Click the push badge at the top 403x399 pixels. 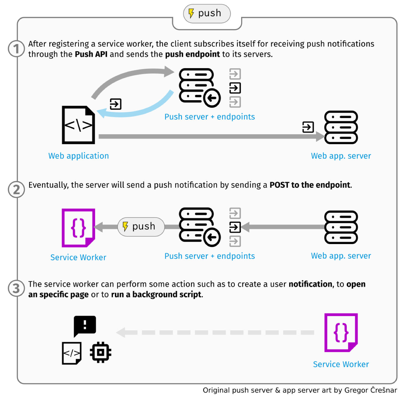point(207,13)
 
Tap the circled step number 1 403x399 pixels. point(16,49)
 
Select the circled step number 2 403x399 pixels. point(16,190)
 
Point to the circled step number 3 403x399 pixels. point(16,288)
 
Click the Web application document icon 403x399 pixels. point(78,125)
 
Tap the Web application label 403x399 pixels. point(78,156)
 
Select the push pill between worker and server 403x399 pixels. point(141,227)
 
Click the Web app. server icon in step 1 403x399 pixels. point(341,127)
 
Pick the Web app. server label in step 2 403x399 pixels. point(341,256)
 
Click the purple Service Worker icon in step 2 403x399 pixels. point(78,228)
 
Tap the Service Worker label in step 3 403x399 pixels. point(341,364)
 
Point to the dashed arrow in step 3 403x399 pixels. point(216,332)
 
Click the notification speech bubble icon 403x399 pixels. point(85,325)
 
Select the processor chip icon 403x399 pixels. point(101,352)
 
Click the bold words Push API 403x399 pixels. point(91,54)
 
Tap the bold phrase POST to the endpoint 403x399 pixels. point(310,185)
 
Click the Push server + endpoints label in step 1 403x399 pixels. point(209,117)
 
